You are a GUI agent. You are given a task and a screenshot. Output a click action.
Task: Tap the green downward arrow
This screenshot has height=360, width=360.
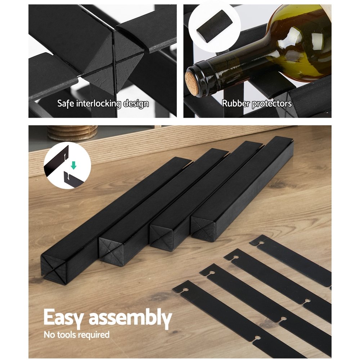click(x=73, y=165)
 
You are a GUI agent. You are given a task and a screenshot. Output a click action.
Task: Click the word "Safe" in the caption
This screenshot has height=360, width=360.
click(x=66, y=103)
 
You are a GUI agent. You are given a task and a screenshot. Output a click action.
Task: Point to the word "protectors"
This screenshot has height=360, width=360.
click(x=272, y=104)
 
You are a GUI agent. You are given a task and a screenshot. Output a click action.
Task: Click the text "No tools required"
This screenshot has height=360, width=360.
click(x=76, y=334)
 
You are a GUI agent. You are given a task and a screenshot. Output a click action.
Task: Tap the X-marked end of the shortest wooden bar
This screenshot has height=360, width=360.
click(x=203, y=229)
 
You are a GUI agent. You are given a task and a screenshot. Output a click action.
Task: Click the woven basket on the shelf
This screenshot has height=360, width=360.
click(x=72, y=133)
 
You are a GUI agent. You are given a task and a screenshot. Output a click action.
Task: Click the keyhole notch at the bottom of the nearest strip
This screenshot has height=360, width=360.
click(x=258, y=338)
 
